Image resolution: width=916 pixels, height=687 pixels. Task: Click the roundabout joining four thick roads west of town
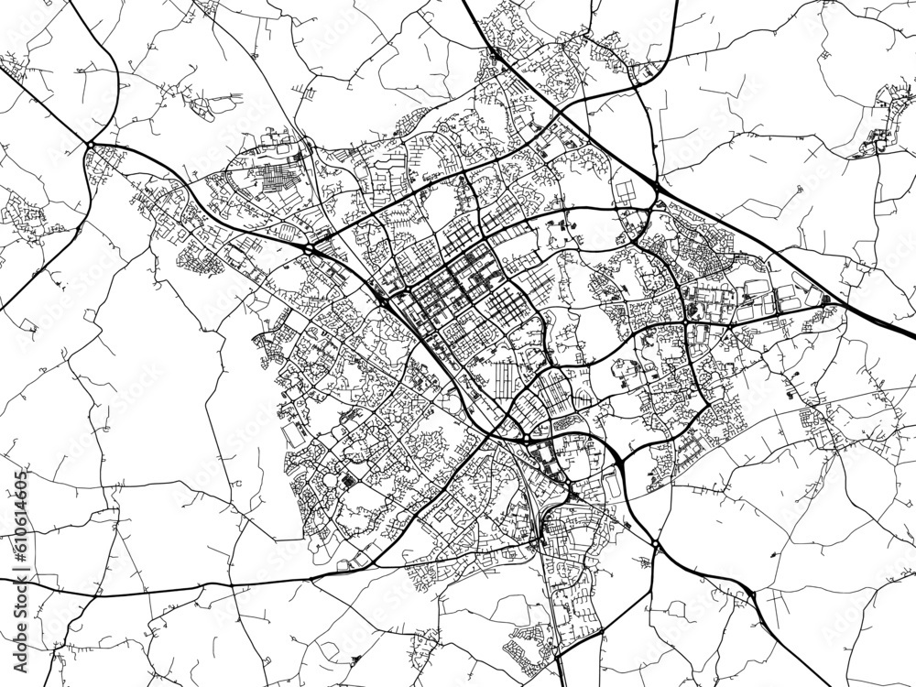92,144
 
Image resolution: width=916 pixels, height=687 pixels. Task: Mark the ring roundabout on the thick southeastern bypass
656,546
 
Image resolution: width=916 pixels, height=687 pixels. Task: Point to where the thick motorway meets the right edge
912,332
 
